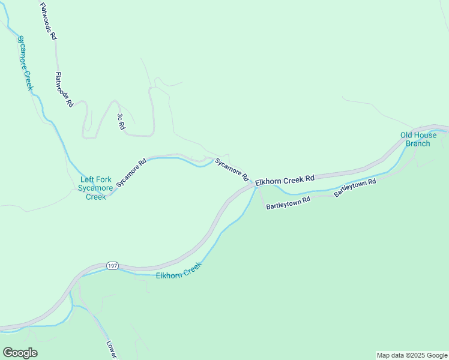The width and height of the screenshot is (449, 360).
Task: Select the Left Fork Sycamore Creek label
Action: (x=95, y=188)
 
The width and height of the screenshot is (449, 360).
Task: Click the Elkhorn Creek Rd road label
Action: (x=285, y=179)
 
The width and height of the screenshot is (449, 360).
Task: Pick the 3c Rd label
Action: (x=121, y=122)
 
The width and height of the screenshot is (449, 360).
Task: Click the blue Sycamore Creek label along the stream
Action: (x=25, y=63)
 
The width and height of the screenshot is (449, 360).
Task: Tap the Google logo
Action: (x=20, y=353)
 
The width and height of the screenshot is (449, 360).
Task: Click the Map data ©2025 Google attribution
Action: (x=411, y=355)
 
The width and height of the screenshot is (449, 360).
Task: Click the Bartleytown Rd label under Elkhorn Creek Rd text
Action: (x=288, y=202)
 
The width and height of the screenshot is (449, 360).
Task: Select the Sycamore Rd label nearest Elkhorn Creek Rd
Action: (x=232, y=170)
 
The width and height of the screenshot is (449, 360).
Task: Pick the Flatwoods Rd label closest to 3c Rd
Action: (x=64, y=89)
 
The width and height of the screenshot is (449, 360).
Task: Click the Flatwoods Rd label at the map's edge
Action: (x=48, y=21)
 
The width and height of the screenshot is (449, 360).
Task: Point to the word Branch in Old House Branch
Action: (x=418, y=143)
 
